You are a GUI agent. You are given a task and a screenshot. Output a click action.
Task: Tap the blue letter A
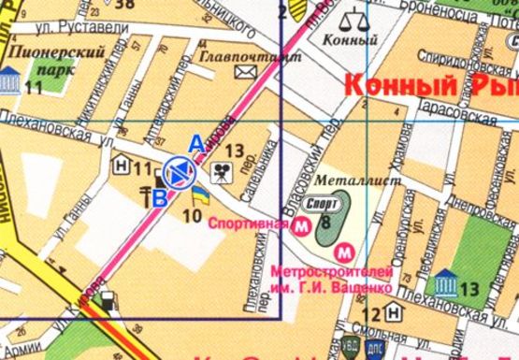click(195, 143)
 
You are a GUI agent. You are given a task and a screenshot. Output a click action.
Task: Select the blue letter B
click(160, 197)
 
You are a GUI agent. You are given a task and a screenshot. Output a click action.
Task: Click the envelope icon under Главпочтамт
click(246, 71)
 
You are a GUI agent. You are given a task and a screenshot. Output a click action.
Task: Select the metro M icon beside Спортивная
click(302, 226)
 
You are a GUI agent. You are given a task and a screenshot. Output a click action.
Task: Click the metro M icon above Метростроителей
click(345, 251)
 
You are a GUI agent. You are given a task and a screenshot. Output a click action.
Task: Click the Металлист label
click(345, 175)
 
